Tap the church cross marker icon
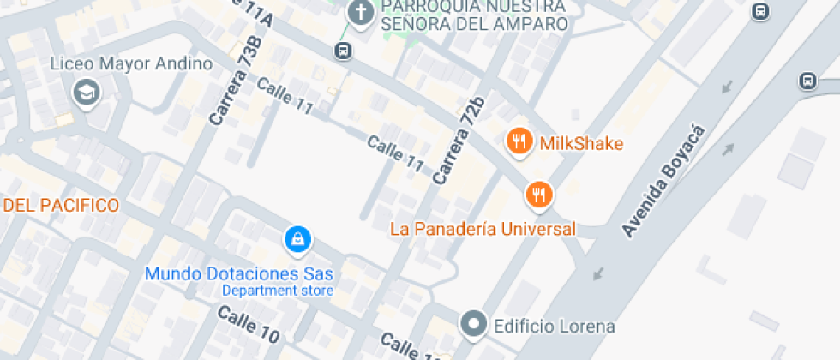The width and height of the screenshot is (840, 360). tap(360, 13)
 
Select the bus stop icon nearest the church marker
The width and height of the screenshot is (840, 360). tap(343, 51)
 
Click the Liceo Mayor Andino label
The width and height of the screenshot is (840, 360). tap(131, 64)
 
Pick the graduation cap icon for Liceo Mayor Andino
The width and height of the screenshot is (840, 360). tap(86, 93)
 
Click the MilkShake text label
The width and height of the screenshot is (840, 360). tap(580, 143)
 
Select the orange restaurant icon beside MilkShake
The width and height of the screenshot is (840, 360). tap(518, 141)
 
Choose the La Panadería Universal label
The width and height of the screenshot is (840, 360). tap(483, 229)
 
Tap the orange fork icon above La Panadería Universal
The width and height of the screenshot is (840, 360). tap(538, 195)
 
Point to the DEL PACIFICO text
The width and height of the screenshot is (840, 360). tap(61, 206)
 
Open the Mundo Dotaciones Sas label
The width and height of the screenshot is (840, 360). tap(238, 274)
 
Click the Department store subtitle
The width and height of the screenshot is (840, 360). tap(277, 291)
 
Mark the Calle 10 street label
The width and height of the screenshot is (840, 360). tap(248, 325)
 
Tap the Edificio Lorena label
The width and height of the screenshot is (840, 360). tap(553, 326)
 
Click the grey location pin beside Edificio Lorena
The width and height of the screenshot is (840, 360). tap(473, 325)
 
